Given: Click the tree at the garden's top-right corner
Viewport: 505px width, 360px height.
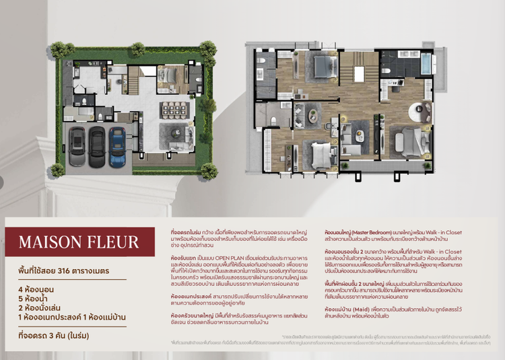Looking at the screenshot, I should coord(209,48).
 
